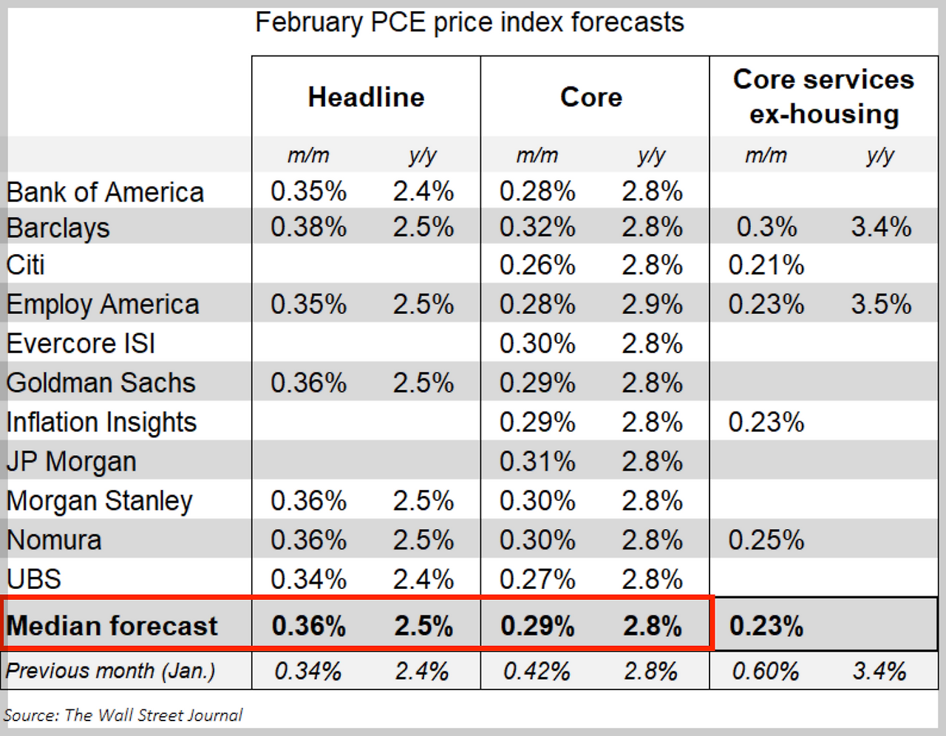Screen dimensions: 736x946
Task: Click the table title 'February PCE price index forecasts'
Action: click(469, 23)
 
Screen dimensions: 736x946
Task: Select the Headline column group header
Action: click(366, 97)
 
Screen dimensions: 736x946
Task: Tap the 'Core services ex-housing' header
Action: click(823, 97)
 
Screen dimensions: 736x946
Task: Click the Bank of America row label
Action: click(105, 192)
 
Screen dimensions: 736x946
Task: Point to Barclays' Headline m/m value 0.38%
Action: click(308, 227)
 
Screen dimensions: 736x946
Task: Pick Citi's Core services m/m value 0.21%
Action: click(766, 265)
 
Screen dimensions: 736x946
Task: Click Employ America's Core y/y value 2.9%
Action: click(652, 304)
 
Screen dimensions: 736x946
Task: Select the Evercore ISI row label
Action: click(81, 344)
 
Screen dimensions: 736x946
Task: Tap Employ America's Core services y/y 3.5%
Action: click(881, 304)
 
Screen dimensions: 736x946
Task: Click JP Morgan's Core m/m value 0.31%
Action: click(537, 462)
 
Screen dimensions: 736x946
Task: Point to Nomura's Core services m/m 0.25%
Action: click(766, 540)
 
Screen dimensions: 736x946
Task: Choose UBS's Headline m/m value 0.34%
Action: click(308, 579)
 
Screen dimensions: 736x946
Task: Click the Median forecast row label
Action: click(112, 626)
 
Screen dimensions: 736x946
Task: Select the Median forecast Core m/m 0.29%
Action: click(537, 626)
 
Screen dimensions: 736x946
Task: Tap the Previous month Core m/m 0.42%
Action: click(537, 671)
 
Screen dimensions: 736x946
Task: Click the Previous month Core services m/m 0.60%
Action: click(766, 671)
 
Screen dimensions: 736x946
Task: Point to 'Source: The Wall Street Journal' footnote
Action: click(123, 715)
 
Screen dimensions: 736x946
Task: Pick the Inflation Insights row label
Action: click(102, 422)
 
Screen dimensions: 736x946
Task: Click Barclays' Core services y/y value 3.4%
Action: click(881, 227)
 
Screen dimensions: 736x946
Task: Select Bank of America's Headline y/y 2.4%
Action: click(423, 192)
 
